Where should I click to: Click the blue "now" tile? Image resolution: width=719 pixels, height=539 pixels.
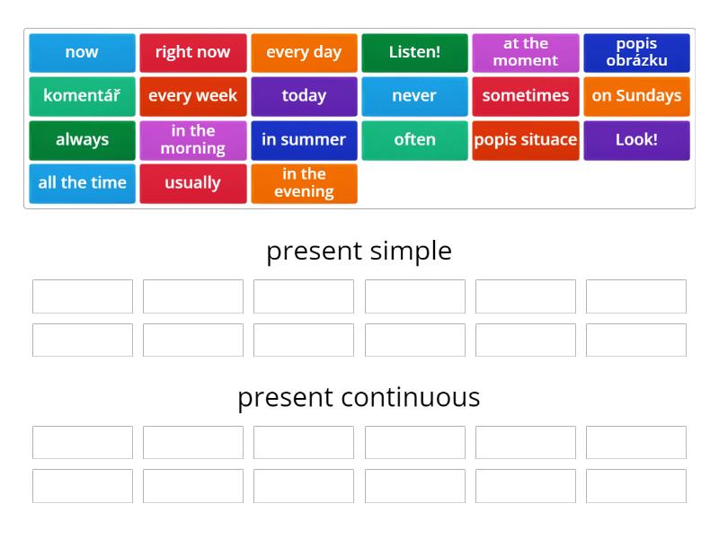tap(82, 52)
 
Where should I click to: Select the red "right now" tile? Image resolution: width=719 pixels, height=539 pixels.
tap(193, 52)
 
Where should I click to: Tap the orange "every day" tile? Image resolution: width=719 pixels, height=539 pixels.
tap(304, 52)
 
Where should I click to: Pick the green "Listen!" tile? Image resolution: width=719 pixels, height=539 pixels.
tap(414, 52)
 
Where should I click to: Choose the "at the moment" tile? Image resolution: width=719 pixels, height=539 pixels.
tap(526, 52)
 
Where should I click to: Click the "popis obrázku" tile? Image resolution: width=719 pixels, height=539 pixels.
tap(636, 52)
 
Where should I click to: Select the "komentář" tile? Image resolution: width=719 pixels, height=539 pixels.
tap(82, 96)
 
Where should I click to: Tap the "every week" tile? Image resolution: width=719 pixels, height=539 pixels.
tap(193, 96)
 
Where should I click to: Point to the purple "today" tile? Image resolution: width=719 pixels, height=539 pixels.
tap(304, 96)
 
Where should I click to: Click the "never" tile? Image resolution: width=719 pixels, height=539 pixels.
tap(414, 96)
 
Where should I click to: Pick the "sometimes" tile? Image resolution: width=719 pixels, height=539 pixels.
tap(526, 96)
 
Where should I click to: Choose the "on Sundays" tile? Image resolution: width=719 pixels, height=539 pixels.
tap(636, 96)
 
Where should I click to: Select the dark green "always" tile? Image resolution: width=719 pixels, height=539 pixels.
tap(82, 140)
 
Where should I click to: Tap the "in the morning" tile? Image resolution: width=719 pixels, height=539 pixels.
tap(193, 140)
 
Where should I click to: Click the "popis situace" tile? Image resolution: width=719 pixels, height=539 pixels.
tap(526, 140)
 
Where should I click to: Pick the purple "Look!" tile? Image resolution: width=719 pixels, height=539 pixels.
tap(636, 140)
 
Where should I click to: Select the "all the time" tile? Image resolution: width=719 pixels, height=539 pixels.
tap(82, 183)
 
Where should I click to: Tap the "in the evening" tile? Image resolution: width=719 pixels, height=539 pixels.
tap(304, 183)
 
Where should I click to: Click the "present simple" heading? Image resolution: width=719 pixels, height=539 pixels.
tap(359, 251)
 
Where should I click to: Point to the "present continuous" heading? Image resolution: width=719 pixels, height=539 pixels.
tap(359, 397)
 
